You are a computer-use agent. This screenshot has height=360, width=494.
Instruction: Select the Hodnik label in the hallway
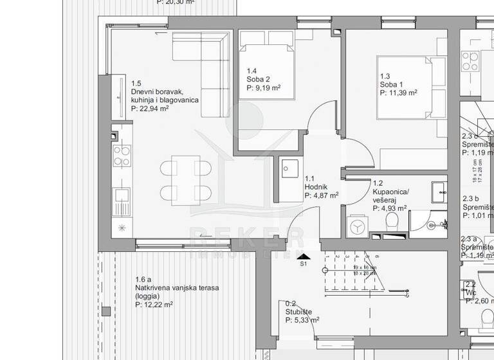click(315, 187)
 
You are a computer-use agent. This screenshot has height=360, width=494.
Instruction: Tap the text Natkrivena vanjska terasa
click(177, 288)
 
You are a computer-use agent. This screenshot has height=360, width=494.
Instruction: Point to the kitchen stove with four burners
click(121, 156)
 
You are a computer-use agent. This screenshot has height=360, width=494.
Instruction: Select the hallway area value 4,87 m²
click(322, 195)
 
